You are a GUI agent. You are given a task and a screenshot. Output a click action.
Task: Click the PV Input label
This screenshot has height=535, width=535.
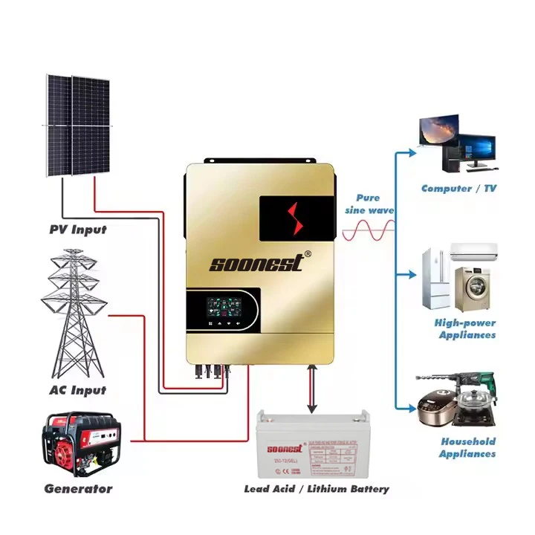click(x=78, y=230)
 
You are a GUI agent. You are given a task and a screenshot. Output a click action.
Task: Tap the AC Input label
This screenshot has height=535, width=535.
click(x=77, y=390)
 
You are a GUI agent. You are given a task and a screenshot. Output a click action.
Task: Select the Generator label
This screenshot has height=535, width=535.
click(x=78, y=489)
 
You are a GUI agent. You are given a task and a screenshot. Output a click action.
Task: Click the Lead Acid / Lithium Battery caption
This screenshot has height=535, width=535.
click(x=316, y=489)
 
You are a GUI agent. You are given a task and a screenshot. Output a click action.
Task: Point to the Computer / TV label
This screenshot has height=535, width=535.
click(x=458, y=189)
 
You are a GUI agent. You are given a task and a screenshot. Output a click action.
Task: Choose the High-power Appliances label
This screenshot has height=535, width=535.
click(x=464, y=329)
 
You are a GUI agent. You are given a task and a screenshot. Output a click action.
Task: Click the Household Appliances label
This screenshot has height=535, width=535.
click(x=467, y=447)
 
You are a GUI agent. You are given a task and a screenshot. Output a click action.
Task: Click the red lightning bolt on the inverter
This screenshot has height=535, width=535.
click(x=292, y=217)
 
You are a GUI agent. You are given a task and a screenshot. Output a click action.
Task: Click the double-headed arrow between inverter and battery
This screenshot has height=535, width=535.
click(x=313, y=389)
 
